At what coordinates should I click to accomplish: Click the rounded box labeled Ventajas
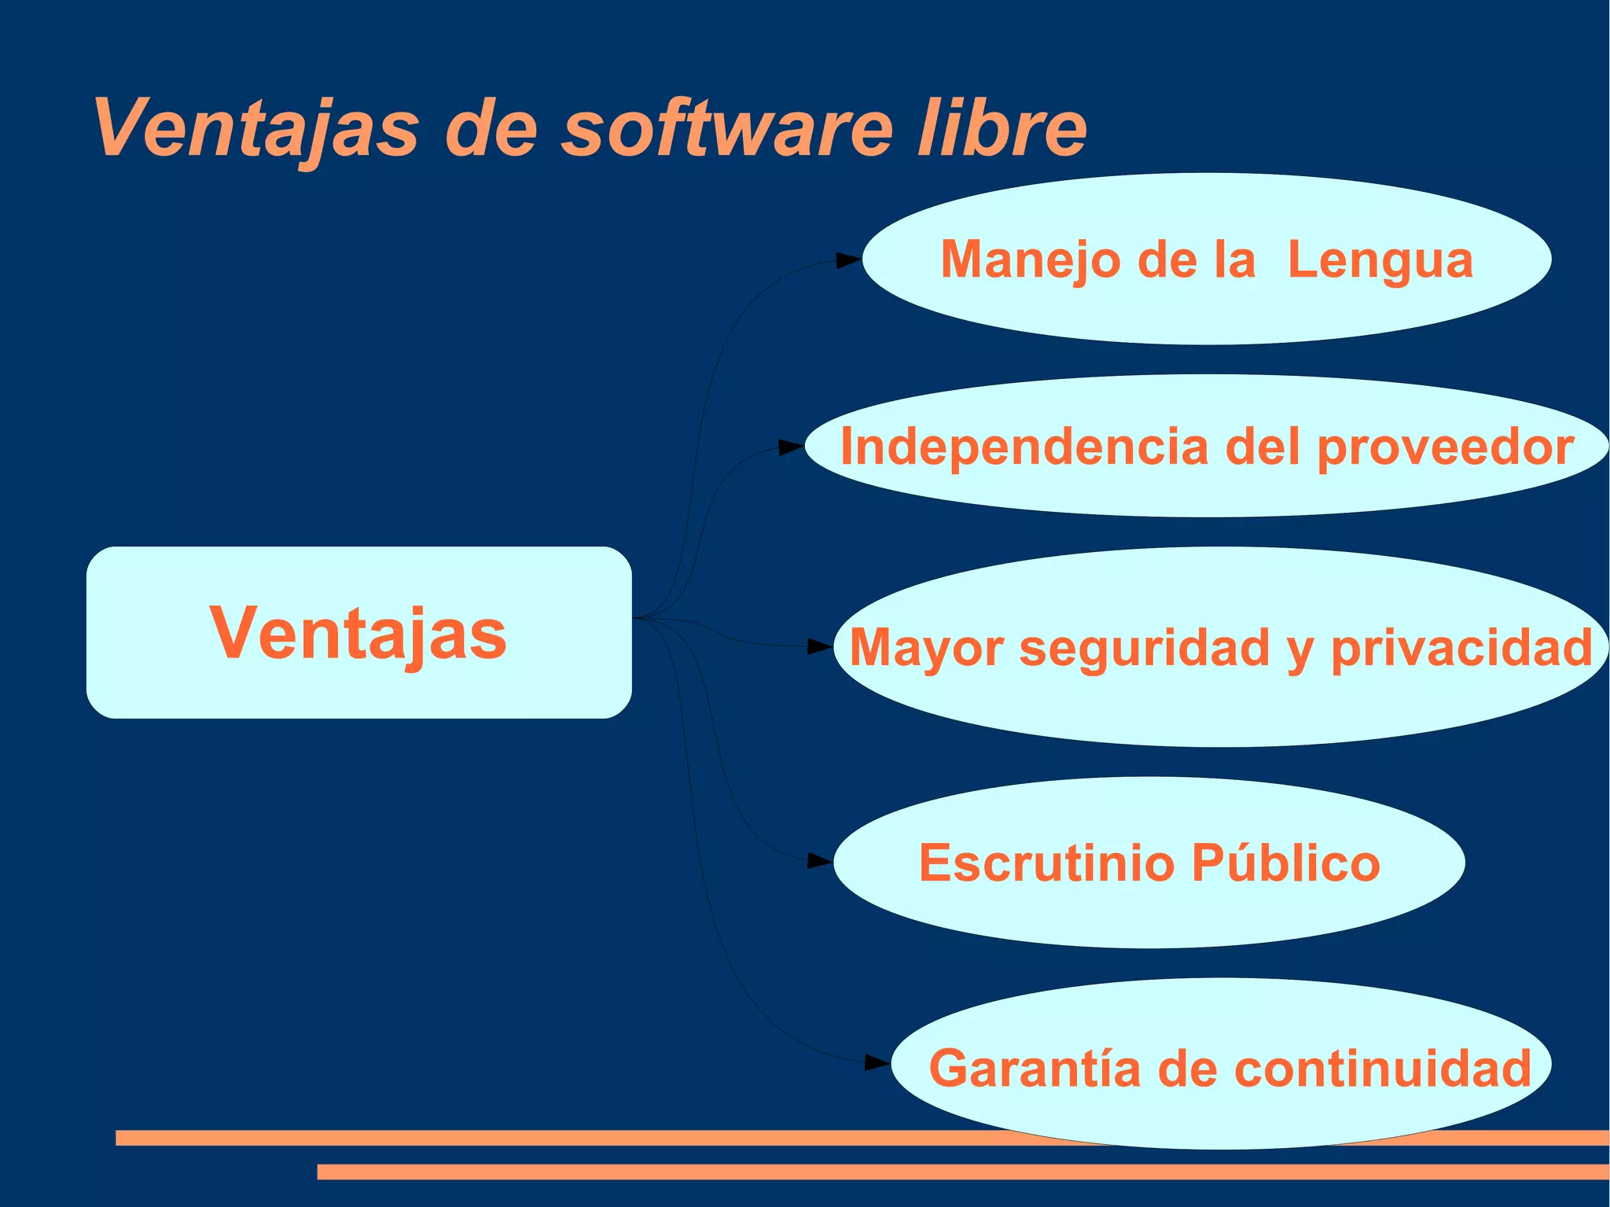358,633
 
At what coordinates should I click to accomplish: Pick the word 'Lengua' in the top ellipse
1380,260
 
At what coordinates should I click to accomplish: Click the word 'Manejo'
1031,260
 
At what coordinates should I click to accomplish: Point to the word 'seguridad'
1145,648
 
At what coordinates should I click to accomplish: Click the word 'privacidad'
1461,648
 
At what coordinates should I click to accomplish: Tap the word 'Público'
1285,863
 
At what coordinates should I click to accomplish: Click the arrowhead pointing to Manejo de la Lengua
847,260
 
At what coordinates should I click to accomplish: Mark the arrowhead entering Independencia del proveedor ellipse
791,447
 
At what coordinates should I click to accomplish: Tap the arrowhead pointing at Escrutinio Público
820,861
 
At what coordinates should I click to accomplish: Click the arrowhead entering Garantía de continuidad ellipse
877,1063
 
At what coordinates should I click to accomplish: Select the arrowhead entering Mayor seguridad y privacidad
820,647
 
